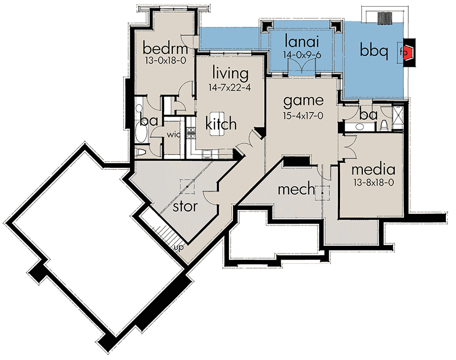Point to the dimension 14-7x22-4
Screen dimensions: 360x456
click(230, 87)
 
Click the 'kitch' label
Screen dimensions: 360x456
click(221, 123)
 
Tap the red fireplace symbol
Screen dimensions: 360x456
click(408, 51)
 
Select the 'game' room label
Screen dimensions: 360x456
click(303, 101)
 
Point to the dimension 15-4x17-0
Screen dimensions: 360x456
click(303, 116)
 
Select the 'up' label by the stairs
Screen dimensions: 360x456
click(178, 248)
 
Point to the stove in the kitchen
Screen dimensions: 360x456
click(192, 133)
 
